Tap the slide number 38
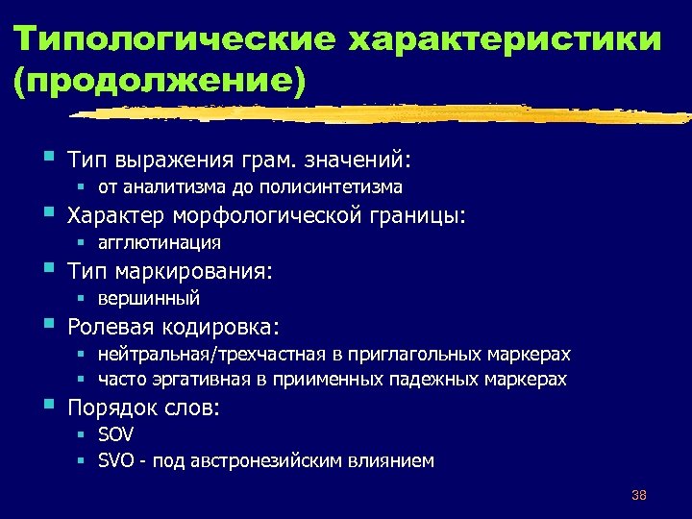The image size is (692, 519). point(639,495)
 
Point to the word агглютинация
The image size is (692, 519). point(160,242)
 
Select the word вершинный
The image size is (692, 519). point(149,298)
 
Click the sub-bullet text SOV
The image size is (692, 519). point(115,435)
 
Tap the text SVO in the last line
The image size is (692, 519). point(116,460)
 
